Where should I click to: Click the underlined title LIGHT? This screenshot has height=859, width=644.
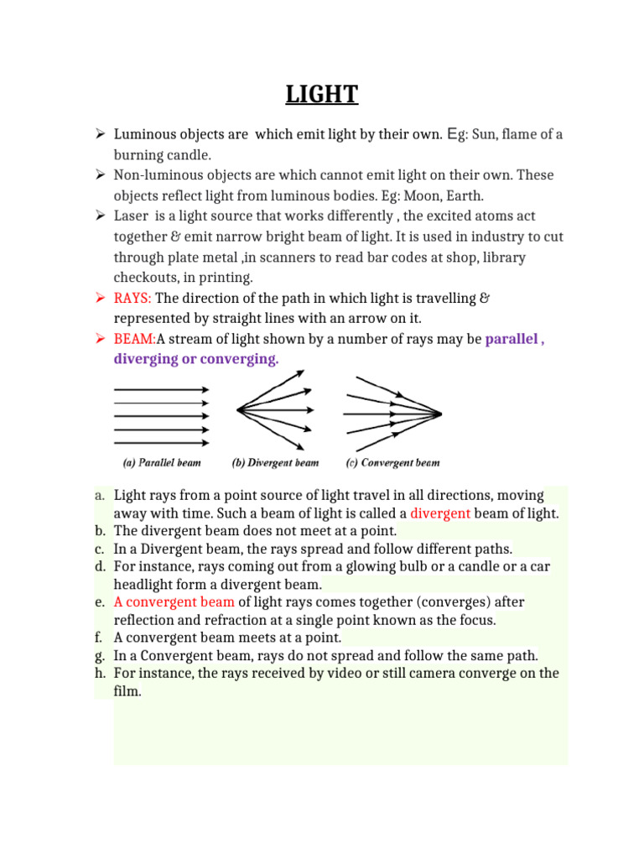point(322,94)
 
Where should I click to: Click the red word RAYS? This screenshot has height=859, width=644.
point(133,298)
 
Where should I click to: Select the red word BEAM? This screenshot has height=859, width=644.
point(135,339)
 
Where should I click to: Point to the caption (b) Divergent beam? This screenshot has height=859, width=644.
point(276,462)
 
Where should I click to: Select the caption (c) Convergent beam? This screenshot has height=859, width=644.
point(392,462)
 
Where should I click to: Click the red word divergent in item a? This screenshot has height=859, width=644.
point(440,513)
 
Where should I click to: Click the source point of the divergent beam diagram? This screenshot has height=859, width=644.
point(238,409)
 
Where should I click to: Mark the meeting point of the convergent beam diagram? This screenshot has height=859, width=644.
point(440,413)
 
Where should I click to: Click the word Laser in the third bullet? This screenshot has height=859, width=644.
point(131,216)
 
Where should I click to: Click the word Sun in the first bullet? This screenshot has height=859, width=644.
point(489,134)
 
